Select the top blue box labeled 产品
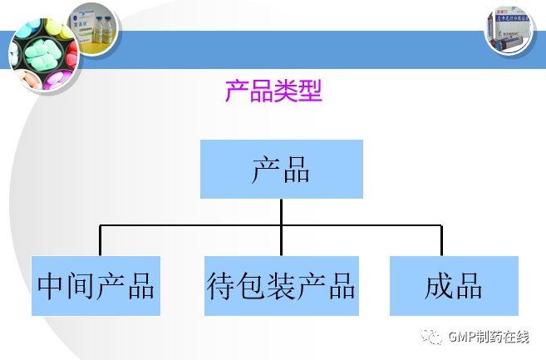pos(282,170)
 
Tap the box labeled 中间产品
pos(96,286)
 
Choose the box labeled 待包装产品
pos(282,286)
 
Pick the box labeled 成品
pos(454,286)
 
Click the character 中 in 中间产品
pos(51,286)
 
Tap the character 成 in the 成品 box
pos(438,286)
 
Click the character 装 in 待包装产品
pos(282,286)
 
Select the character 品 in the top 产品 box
pos(297,170)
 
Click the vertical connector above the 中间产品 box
pos(101,240)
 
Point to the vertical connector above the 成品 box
pos(441,240)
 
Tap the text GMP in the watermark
pos(460,337)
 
